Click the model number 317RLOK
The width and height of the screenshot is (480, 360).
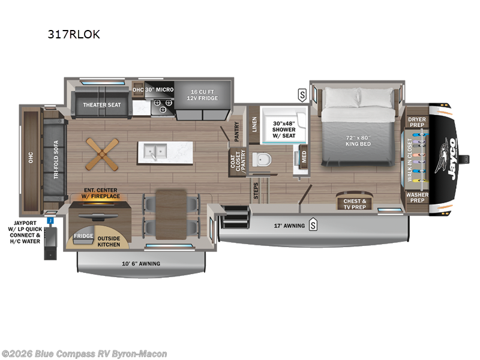pyautogui.click(x=74, y=35)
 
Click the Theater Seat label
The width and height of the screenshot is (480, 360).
pyautogui.click(x=102, y=105)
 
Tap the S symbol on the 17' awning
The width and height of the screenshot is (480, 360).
pyautogui.click(x=313, y=226)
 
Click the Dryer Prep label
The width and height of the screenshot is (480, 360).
pyautogui.click(x=417, y=122)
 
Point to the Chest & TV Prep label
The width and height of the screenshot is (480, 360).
pyautogui.click(x=355, y=204)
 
